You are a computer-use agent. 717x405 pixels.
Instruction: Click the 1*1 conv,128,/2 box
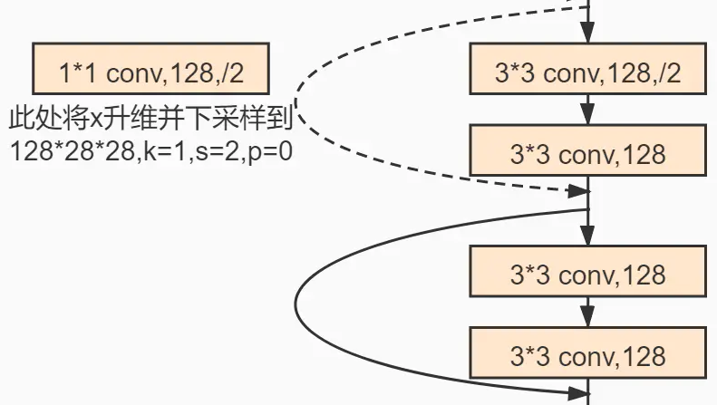150,70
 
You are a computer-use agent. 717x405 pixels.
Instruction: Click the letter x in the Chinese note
99,118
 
